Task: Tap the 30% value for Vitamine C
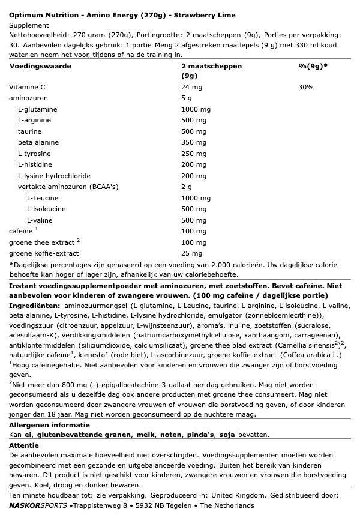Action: [305, 87]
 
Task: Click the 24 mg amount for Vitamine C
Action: [191, 87]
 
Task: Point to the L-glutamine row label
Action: [38, 109]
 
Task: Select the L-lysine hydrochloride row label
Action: [54, 176]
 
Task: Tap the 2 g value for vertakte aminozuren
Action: [187, 187]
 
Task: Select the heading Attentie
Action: [24, 445]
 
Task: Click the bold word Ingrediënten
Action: [32, 305]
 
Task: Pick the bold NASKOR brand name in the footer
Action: [23, 505]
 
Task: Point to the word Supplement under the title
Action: [28, 25]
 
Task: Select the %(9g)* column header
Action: [313, 66]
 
